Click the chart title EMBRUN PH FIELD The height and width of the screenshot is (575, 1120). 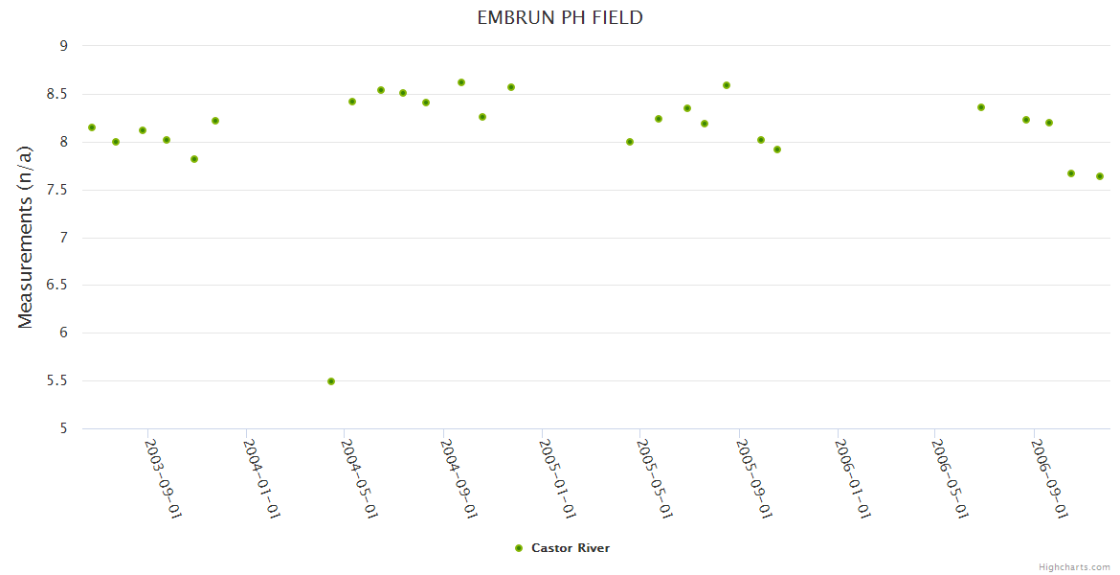pyautogui.click(x=560, y=17)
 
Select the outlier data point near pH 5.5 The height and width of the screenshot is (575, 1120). pyautogui.click(x=331, y=381)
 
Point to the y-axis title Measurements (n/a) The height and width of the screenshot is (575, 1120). pyautogui.click(x=26, y=237)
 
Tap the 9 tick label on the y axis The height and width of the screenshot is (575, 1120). pyautogui.click(x=63, y=46)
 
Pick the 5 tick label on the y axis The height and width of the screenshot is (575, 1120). pyautogui.click(x=63, y=429)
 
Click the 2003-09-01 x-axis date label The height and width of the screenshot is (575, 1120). pyautogui.click(x=163, y=478)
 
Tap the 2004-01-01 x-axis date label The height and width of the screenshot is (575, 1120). pyautogui.click(x=261, y=478)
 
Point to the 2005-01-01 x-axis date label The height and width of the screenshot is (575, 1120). pyautogui.click(x=556, y=478)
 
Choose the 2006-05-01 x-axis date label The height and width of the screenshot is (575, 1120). pyautogui.click(x=950, y=478)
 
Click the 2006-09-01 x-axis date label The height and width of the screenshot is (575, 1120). pyautogui.click(x=1049, y=478)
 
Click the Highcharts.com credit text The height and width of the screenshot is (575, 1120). pyautogui.click(x=1074, y=566)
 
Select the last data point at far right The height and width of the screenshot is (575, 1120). pyautogui.click(x=1100, y=176)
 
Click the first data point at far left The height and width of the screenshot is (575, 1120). pyautogui.click(x=92, y=127)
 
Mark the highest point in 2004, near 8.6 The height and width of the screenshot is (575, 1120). pyautogui.click(x=461, y=82)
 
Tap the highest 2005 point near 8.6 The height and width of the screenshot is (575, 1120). pyautogui.click(x=727, y=85)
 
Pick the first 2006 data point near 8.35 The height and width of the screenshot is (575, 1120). pyautogui.click(x=981, y=107)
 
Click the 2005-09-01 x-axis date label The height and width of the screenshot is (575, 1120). pyautogui.click(x=753, y=478)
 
